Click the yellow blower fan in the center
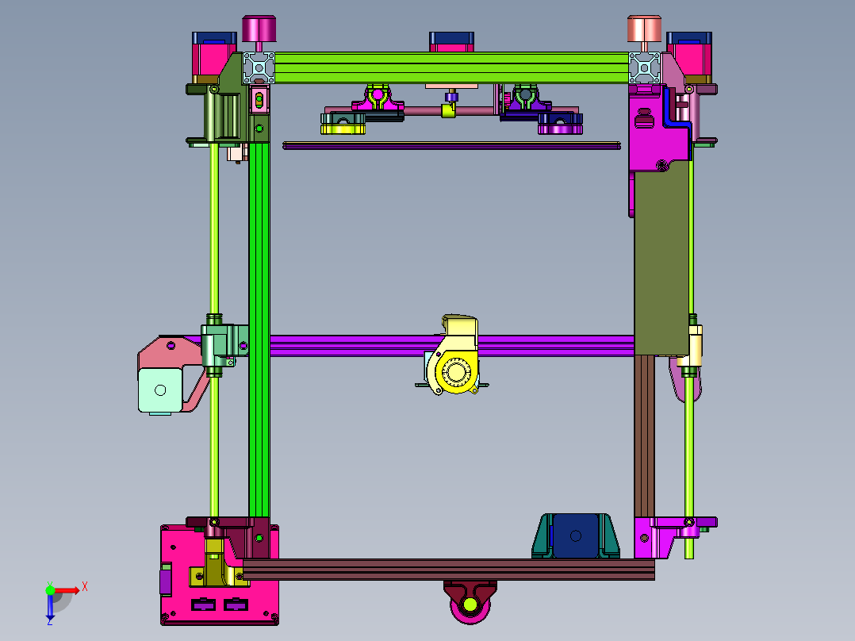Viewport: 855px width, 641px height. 454,371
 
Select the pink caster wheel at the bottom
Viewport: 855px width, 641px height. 470,606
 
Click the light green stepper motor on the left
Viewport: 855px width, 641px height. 160,390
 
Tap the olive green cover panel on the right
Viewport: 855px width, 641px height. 661,262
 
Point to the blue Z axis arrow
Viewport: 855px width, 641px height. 50,607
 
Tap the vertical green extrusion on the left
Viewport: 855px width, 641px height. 259,333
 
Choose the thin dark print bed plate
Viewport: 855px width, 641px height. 452,145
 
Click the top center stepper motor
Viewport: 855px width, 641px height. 451,40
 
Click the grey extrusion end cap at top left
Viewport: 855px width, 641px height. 259,67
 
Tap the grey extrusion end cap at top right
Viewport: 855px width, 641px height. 645,67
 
